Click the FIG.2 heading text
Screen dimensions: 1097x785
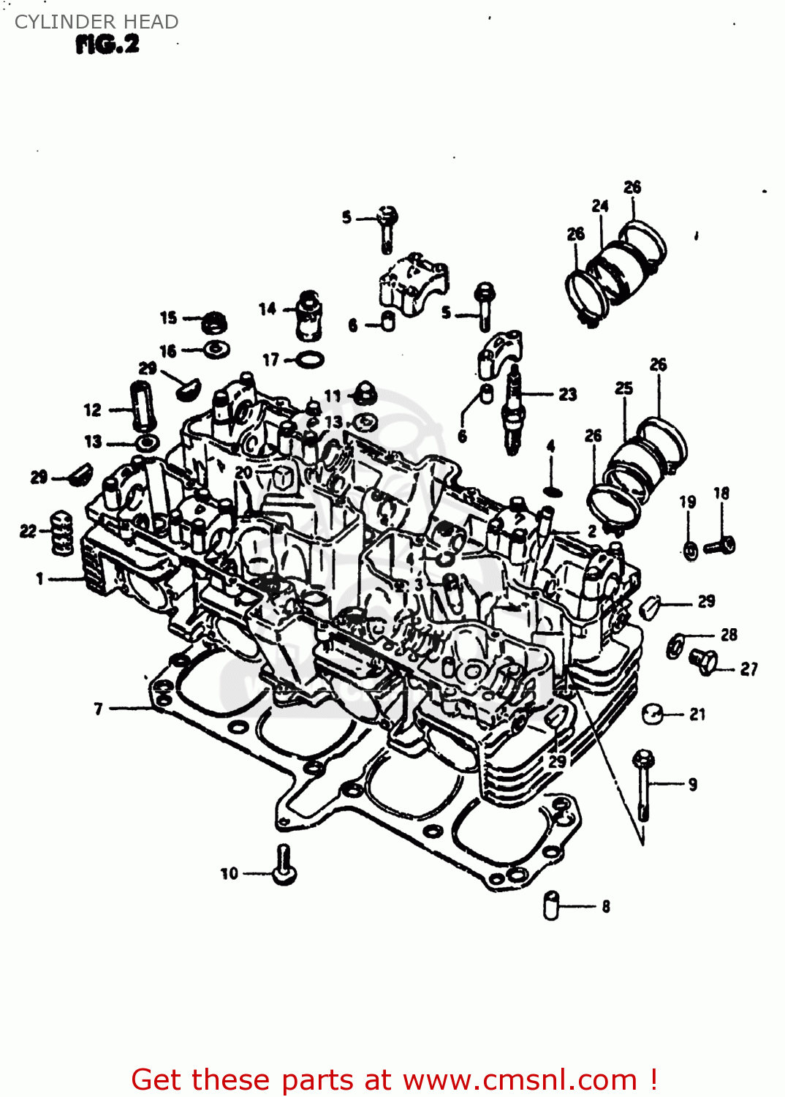pyautogui.click(x=107, y=45)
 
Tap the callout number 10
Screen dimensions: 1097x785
pyautogui.click(x=229, y=873)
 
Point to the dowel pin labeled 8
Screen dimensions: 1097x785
pyautogui.click(x=551, y=905)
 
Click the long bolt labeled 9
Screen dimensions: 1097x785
pyautogui.click(x=643, y=784)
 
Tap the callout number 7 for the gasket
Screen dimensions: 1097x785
pyautogui.click(x=99, y=708)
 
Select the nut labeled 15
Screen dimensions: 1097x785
pyautogui.click(x=214, y=321)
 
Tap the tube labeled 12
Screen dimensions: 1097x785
pyautogui.click(x=141, y=406)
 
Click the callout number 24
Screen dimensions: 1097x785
pyautogui.click(x=600, y=206)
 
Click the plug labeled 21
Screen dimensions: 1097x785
pyautogui.click(x=653, y=713)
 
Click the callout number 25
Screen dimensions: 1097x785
pyautogui.click(x=623, y=388)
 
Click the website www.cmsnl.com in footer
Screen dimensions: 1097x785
pyautogui.click(x=520, y=1079)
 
